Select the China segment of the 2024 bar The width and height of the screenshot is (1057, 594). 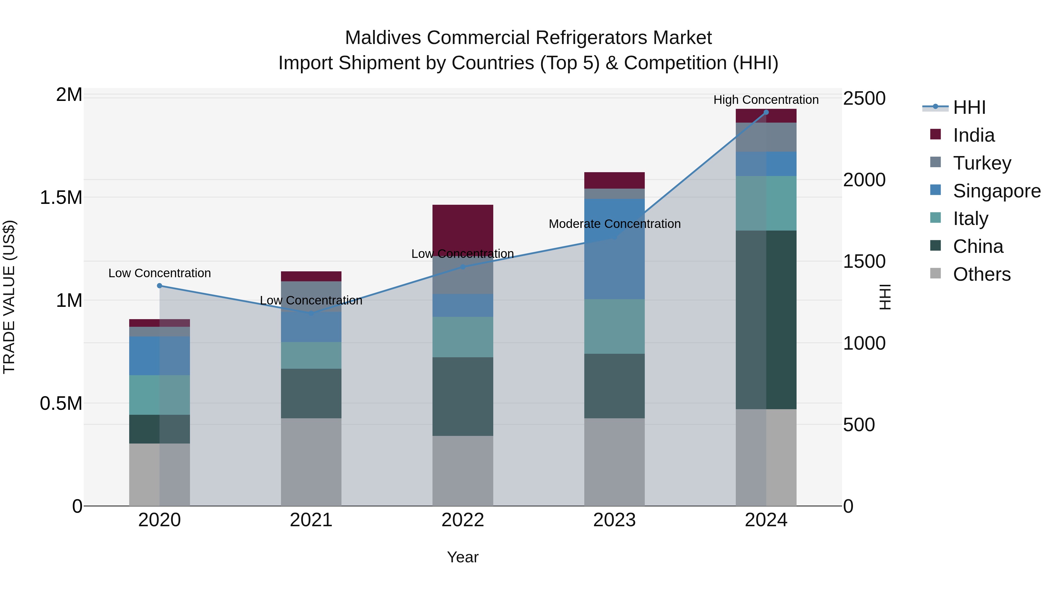pyautogui.click(x=766, y=319)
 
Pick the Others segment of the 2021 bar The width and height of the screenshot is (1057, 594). pyautogui.click(x=311, y=462)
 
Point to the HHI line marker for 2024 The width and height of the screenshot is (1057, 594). pyautogui.click(x=766, y=112)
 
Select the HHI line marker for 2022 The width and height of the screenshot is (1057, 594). pyautogui.click(x=462, y=267)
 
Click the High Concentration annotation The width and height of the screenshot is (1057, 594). pyautogui.click(x=766, y=100)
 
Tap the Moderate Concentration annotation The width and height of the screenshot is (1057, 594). pyautogui.click(x=614, y=224)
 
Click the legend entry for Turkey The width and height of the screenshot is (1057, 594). pyautogui.click(x=982, y=163)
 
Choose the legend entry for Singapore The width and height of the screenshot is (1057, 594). pyautogui.click(x=996, y=191)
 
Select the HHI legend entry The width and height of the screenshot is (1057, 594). pyautogui.click(x=969, y=107)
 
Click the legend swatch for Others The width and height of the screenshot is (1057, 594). pyautogui.click(x=935, y=273)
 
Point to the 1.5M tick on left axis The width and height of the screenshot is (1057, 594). pyautogui.click(x=61, y=198)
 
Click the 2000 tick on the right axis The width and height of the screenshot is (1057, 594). pyautogui.click(x=864, y=180)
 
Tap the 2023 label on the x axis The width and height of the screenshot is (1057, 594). pyautogui.click(x=614, y=520)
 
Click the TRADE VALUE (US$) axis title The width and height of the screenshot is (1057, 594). pyautogui.click(x=9, y=297)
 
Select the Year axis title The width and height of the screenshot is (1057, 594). pyautogui.click(x=462, y=557)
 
